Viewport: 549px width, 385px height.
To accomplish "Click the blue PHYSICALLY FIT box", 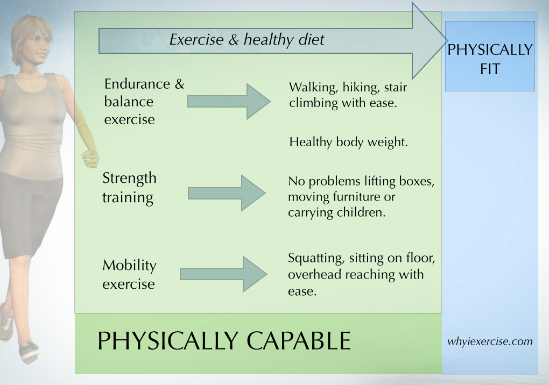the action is pyautogui.click(x=490, y=56).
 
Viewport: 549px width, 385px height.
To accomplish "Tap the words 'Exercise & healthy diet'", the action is pyautogui.click(x=247, y=39).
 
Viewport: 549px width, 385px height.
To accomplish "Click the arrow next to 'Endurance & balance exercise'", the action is pyautogui.click(x=229, y=102).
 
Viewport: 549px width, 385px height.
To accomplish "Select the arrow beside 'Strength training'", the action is pyautogui.click(x=227, y=193).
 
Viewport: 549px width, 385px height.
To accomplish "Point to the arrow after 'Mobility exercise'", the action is pyautogui.click(x=224, y=274).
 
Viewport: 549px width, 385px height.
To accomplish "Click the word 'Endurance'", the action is pyautogui.click(x=137, y=84).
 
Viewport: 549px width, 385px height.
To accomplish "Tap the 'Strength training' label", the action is pyautogui.click(x=129, y=188).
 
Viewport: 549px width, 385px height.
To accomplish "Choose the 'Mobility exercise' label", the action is pyautogui.click(x=129, y=274).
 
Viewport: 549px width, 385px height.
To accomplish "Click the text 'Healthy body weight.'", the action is pyautogui.click(x=348, y=142).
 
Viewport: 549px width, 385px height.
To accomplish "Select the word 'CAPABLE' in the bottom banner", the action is pyautogui.click(x=299, y=340).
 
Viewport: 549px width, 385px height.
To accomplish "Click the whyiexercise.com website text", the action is pyautogui.click(x=490, y=341).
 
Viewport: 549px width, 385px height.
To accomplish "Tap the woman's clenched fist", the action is pyautogui.click(x=90, y=159).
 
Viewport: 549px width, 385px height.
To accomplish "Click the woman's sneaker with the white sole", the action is pyautogui.click(x=29, y=352).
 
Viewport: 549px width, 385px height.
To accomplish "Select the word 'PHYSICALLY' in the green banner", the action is pyautogui.click(x=168, y=340).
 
